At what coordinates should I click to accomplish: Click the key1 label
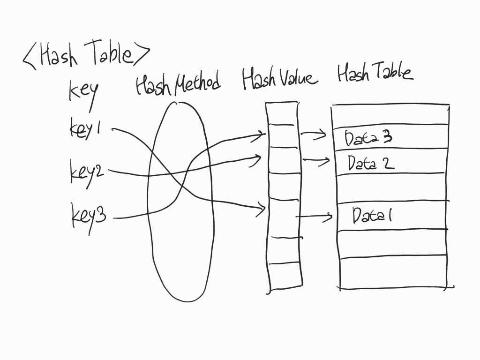(85, 128)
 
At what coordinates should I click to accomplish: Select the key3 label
(89, 216)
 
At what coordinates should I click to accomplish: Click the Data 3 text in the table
(368, 138)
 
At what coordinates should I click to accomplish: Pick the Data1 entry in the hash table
(372, 216)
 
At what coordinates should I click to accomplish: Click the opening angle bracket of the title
(30, 58)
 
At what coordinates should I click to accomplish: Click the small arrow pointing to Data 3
(314, 134)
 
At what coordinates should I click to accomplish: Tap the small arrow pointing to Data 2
(316, 160)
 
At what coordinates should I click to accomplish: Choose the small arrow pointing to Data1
(314, 217)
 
